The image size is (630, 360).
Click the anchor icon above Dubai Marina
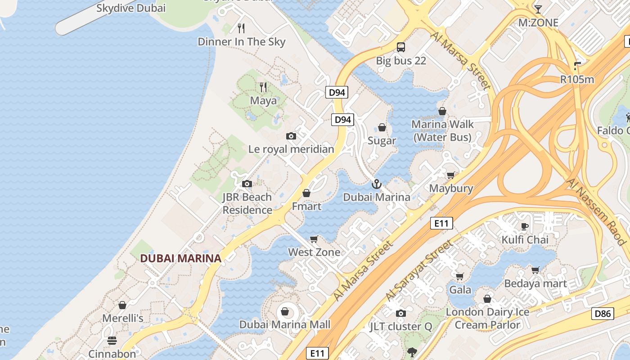(x=376, y=184)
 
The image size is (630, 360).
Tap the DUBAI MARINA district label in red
(x=180, y=258)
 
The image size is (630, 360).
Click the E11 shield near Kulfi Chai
(x=441, y=223)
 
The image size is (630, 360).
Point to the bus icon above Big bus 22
(x=400, y=47)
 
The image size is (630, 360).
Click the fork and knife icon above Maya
(x=263, y=87)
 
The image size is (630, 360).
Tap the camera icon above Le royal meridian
(x=291, y=136)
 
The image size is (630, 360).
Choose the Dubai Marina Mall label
(x=285, y=324)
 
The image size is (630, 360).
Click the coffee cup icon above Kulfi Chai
(x=524, y=226)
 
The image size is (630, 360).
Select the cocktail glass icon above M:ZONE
(x=538, y=9)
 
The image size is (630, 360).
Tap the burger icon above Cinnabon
(x=112, y=341)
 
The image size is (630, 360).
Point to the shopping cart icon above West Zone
(x=314, y=239)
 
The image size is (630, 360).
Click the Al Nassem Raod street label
(x=597, y=211)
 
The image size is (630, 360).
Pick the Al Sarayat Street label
(x=418, y=271)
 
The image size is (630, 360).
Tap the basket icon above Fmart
(x=306, y=193)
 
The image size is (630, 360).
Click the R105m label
(x=577, y=80)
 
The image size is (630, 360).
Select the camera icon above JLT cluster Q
(x=400, y=313)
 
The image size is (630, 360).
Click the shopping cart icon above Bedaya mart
(x=535, y=270)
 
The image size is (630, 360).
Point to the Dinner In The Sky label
(x=242, y=42)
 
